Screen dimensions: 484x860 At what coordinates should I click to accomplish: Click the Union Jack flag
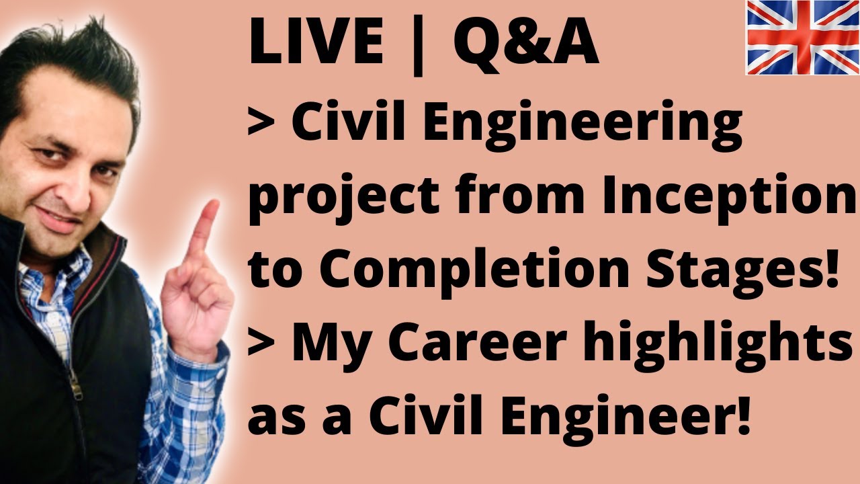(803, 37)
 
